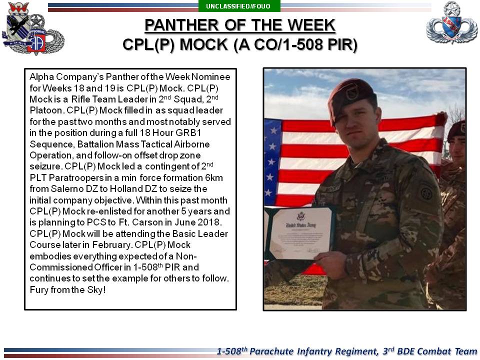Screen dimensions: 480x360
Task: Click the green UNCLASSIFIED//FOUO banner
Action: (239, 6)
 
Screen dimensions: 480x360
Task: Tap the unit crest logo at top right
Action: (451, 22)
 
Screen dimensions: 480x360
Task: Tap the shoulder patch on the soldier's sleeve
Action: (426, 192)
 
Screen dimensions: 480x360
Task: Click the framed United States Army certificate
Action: (300, 234)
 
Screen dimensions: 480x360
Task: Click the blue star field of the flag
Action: (272, 162)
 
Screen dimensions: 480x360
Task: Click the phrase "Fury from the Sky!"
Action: (67, 289)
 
